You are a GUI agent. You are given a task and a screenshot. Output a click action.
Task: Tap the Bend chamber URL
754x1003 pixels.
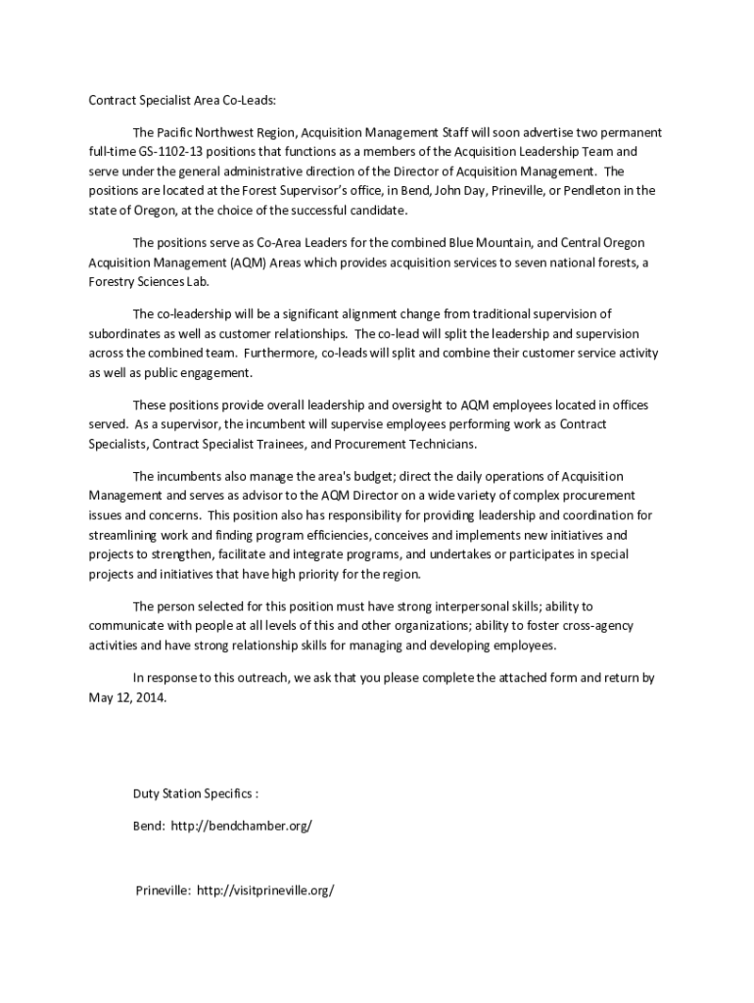[x=241, y=826]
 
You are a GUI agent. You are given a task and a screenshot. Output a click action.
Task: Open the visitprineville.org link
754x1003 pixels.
[x=265, y=890]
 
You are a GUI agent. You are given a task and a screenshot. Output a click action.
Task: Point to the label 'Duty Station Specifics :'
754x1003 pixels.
[x=196, y=792]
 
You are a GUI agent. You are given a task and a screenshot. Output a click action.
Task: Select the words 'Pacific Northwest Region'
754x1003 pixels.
[x=224, y=132]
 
